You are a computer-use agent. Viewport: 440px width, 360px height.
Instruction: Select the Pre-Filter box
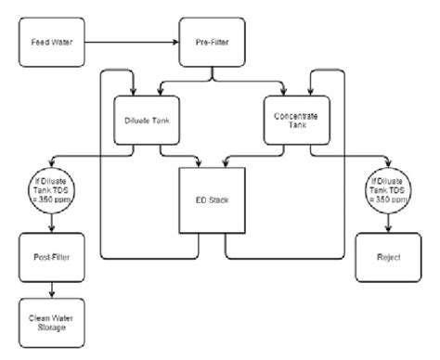pos(213,42)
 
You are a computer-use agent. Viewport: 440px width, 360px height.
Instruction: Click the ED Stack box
pos(213,199)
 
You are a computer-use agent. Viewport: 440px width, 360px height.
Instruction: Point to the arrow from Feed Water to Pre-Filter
pos(130,42)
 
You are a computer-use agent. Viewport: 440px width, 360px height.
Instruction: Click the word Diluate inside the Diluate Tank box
pos(137,121)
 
